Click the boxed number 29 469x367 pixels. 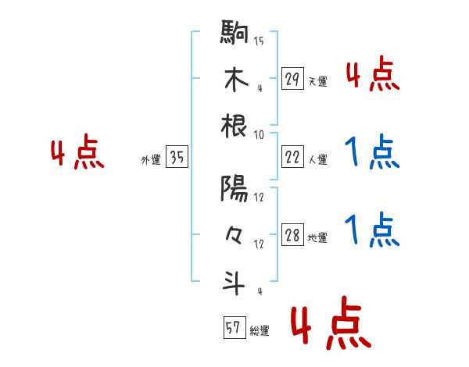tap(292, 78)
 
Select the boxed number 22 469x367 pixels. tap(292, 157)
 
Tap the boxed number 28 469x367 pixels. tap(292, 235)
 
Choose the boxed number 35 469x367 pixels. tap(177, 157)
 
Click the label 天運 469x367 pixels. tap(317, 81)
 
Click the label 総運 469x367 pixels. tap(260, 331)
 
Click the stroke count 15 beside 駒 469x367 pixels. tap(259, 41)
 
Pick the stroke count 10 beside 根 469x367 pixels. tap(259, 134)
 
